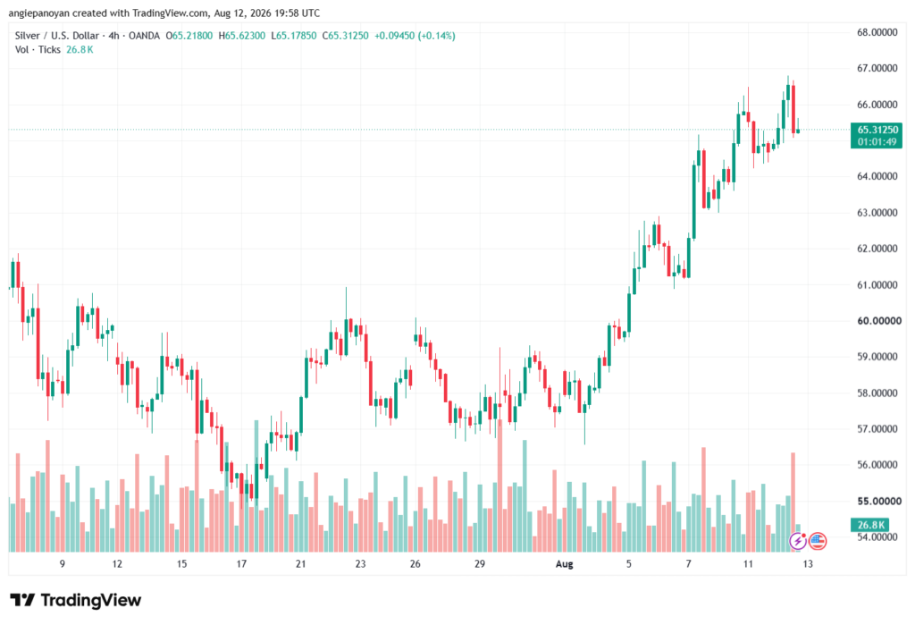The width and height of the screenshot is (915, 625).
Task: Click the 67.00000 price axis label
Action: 877,68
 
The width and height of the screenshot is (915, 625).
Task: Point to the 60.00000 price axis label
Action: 879,321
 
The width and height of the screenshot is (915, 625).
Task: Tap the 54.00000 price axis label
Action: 877,536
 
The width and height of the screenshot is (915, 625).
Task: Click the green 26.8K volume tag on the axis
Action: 870,525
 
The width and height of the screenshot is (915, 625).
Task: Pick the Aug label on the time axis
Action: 565,564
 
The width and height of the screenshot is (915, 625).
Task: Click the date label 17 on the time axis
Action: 241,564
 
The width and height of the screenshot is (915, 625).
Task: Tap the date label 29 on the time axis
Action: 480,564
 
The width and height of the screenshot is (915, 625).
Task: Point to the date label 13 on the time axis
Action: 808,564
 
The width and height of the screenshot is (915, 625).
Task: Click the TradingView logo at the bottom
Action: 76,600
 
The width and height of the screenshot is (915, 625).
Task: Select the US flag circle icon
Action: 818,541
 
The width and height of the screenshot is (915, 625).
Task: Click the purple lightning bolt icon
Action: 798,541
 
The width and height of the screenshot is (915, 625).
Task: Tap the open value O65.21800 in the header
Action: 189,36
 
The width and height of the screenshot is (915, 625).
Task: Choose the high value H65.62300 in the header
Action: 241,36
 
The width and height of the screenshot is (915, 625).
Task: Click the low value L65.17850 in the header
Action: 293,36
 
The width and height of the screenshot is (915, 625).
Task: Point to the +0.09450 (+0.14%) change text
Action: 415,36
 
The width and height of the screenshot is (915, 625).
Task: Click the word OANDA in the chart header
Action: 144,36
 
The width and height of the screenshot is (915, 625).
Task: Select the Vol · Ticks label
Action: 38,50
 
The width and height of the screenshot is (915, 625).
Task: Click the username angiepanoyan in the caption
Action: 38,13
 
